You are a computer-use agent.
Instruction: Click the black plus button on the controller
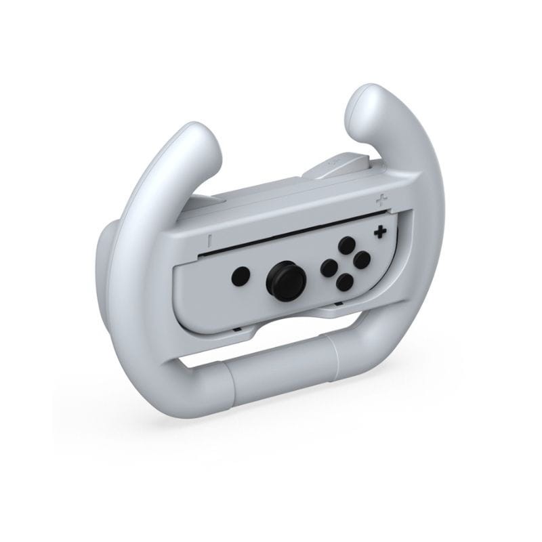point(381,232)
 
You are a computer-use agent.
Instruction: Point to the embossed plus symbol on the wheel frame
point(382,200)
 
